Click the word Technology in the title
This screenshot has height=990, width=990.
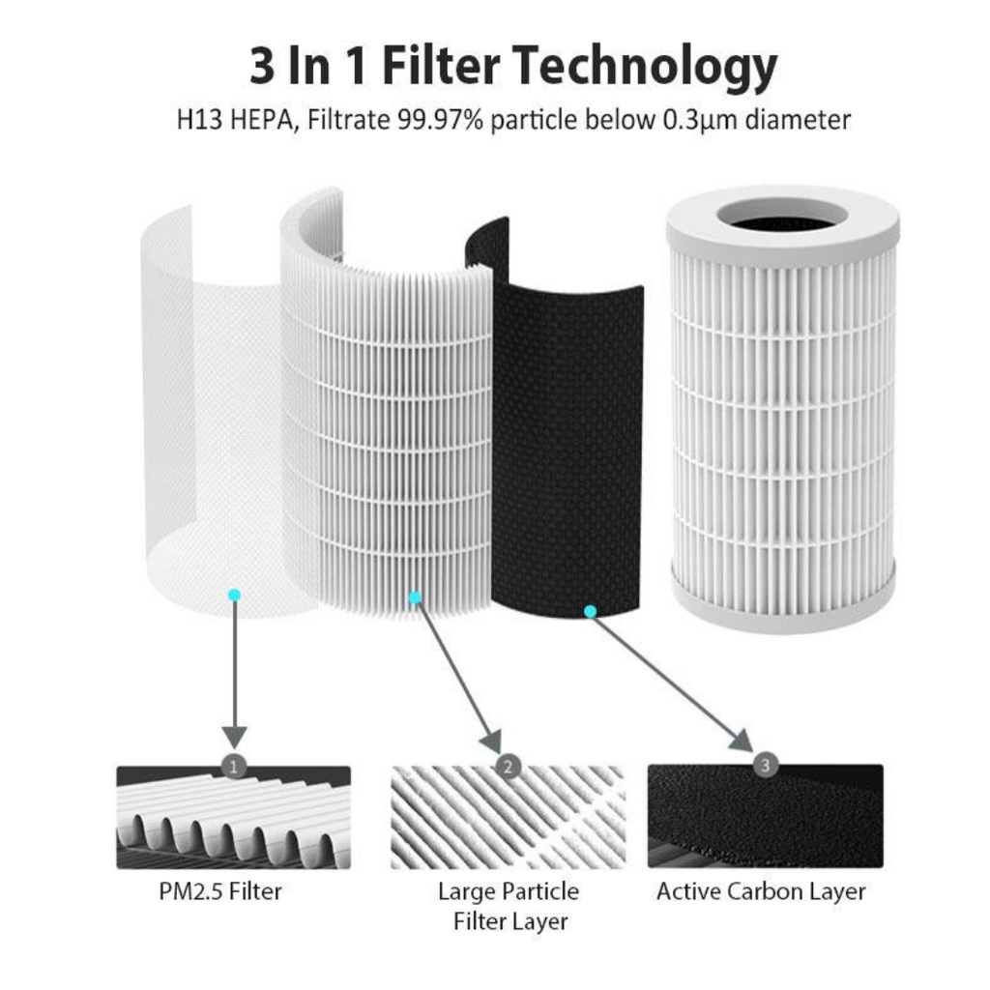[645, 68]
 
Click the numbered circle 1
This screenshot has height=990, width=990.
[234, 767]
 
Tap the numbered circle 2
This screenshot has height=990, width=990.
[509, 767]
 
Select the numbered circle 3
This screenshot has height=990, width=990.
[767, 766]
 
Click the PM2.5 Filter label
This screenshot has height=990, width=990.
[221, 891]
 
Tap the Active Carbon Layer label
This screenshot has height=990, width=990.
[761, 891]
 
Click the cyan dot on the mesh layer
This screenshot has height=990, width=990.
[234, 595]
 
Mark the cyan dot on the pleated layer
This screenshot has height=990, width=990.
[415, 597]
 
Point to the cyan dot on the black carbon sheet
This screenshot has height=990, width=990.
[591, 611]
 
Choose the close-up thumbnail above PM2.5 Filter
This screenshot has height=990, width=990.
[234, 818]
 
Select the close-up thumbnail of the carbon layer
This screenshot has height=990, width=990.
[765, 818]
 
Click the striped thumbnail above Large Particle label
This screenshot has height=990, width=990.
[509, 818]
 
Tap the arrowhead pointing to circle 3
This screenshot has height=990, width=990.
[742, 742]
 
